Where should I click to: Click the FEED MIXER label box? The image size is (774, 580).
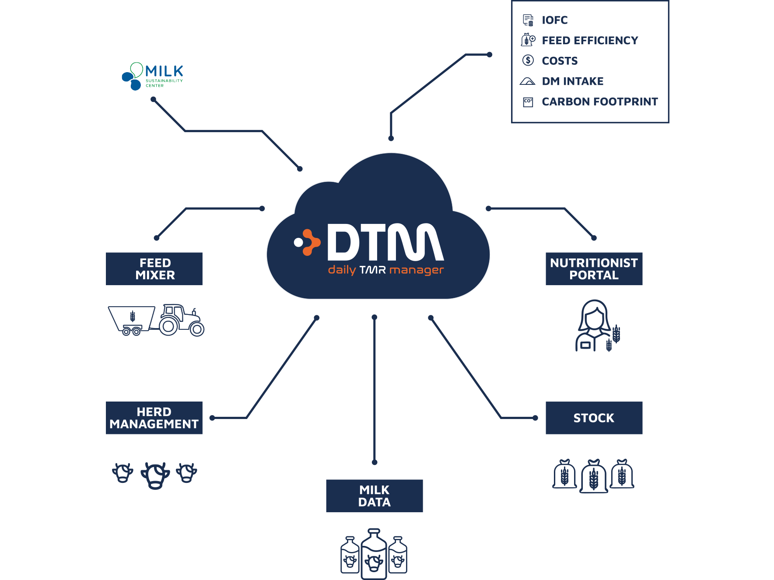coord(154,269)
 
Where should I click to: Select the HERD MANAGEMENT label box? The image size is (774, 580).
coord(154,418)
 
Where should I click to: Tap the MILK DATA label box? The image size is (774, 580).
coord(374,496)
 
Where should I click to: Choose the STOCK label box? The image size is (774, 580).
coord(594,418)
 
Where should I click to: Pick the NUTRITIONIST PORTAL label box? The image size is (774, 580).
coord(594,269)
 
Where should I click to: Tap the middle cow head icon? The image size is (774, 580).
coord(155,475)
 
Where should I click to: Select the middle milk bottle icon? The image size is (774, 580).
coord(374,555)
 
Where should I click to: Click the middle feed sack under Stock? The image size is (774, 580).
coord(593,476)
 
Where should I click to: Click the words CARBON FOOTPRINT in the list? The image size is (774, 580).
coord(599,101)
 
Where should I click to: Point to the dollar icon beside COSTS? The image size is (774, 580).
coord(528,60)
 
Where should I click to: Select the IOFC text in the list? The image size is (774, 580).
coord(554,20)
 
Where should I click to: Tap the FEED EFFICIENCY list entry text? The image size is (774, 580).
coord(590,40)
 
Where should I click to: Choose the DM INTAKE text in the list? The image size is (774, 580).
coord(572,81)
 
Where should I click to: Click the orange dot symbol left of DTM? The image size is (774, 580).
coord(307,242)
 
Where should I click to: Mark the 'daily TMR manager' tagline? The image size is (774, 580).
coord(385,270)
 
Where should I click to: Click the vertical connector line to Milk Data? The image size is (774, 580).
coord(375,389)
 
